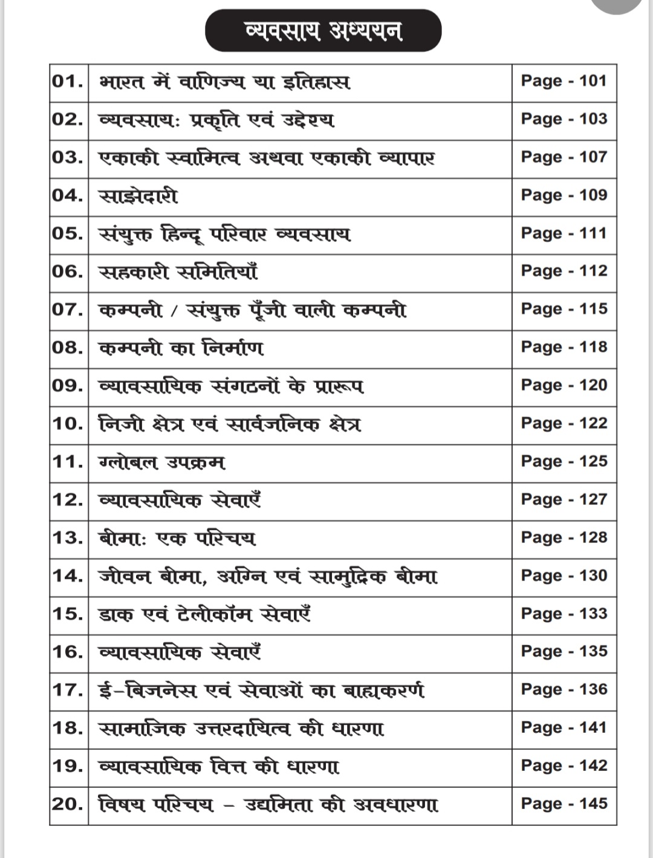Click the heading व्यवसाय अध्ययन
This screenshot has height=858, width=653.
(x=323, y=30)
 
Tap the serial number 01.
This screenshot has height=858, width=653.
(x=68, y=81)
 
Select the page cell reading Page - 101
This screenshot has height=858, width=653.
(x=564, y=81)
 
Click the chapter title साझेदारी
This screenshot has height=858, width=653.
(x=138, y=196)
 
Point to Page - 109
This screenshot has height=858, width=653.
(x=564, y=195)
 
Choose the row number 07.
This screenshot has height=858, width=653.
(x=68, y=310)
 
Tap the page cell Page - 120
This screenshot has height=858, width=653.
(x=564, y=385)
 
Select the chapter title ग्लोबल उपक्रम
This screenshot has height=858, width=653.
(x=161, y=463)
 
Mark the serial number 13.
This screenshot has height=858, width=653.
(x=68, y=538)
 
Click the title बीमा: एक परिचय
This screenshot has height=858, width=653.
(x=177, y=538)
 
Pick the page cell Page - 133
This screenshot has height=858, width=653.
(x=564, y=614)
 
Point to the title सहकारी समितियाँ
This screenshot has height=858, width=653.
(x=178, y=272)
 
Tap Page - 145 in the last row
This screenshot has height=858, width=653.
(x=564, y=804)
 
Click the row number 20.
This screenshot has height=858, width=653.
(x=68, y=804)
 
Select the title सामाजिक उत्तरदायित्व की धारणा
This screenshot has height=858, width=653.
(x=241, y=729)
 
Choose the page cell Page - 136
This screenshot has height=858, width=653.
(x=564, y=689)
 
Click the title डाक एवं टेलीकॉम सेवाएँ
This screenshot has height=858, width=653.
(x=205, y=614)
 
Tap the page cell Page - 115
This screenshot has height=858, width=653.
(x=564, y=309)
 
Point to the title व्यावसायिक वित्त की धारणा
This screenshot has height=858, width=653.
(x=219, y=767)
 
